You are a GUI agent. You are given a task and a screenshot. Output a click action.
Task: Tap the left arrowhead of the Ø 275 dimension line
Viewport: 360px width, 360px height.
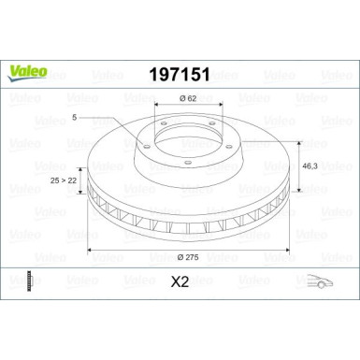click(x=90, y=251)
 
